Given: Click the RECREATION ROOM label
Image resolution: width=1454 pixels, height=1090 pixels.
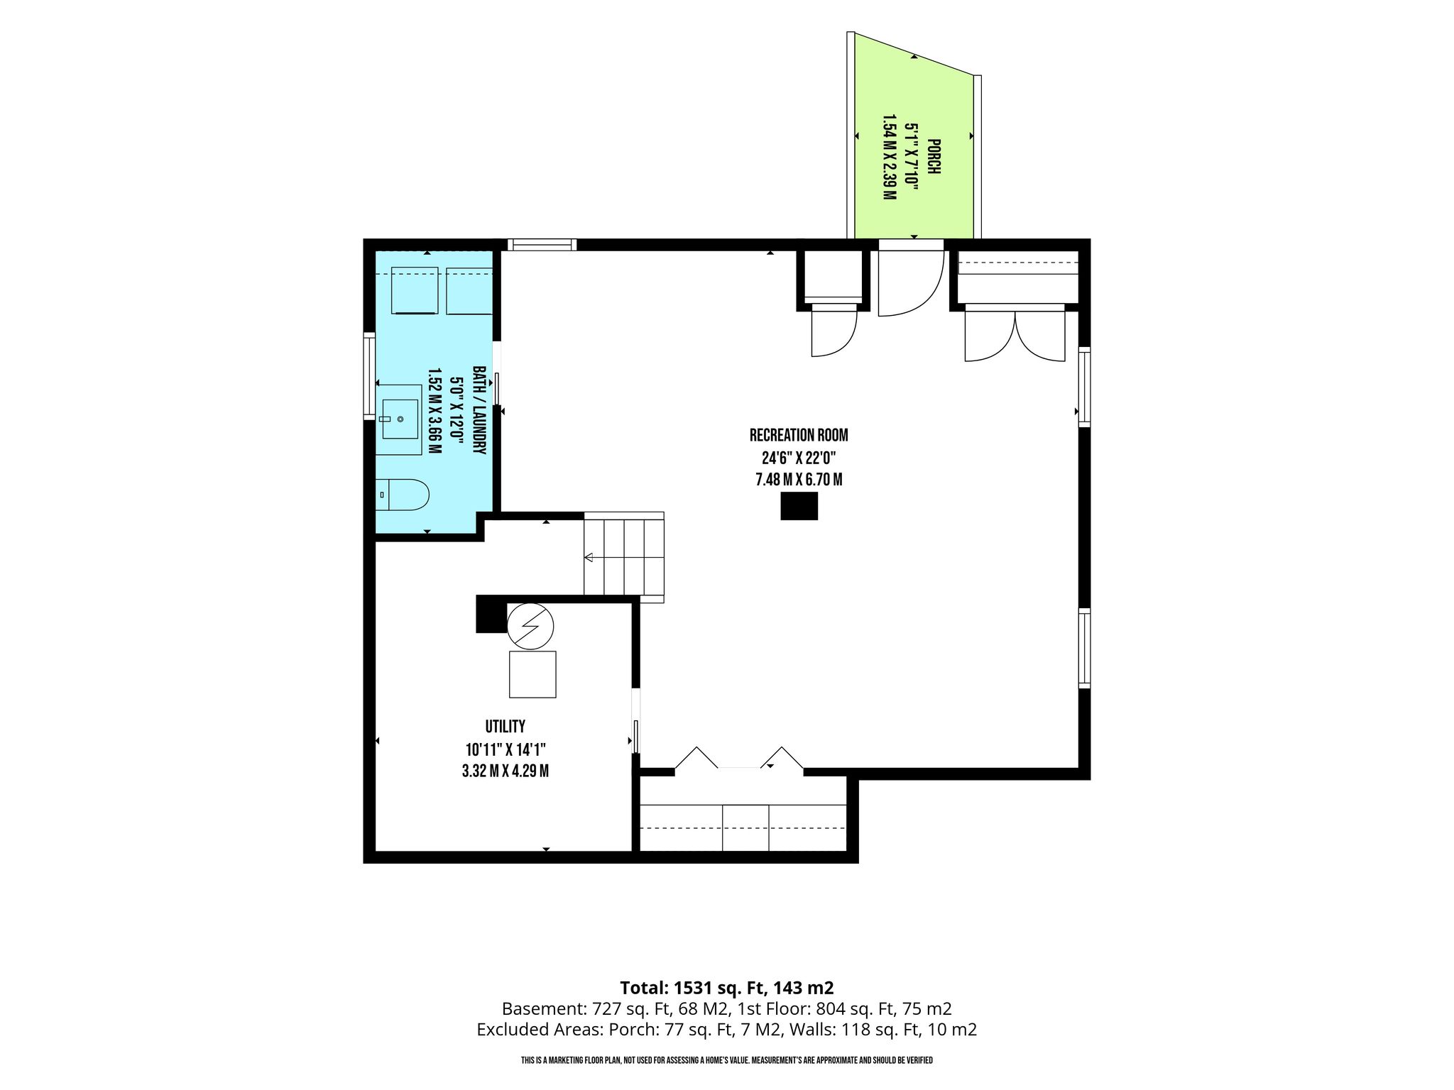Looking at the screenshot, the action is point(799,435).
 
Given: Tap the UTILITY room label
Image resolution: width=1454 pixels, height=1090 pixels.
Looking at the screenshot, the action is point(505,726).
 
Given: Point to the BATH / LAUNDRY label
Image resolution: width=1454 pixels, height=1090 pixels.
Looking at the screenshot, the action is point(480,410).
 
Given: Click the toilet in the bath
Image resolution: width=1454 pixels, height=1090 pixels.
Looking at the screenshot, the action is point(403,495).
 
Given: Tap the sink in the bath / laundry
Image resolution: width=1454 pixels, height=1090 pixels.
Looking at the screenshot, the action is point(400,419).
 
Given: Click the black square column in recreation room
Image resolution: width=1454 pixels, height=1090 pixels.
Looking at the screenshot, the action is point(799,506).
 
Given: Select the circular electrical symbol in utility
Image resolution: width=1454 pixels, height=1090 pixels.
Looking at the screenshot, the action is point(530,626).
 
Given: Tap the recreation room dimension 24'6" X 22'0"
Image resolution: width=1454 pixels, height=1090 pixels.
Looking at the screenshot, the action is point(799,458).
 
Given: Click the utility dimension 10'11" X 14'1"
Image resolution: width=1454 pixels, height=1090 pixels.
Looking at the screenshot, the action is point(505,749).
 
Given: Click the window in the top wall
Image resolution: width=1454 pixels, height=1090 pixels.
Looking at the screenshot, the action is point(542,245).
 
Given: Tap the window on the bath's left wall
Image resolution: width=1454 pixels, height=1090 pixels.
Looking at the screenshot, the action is point(369,375).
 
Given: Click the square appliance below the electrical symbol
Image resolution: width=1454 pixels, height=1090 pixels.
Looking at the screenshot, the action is point(532,674).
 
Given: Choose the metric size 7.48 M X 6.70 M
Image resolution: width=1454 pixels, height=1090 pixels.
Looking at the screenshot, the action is point(799,480).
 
